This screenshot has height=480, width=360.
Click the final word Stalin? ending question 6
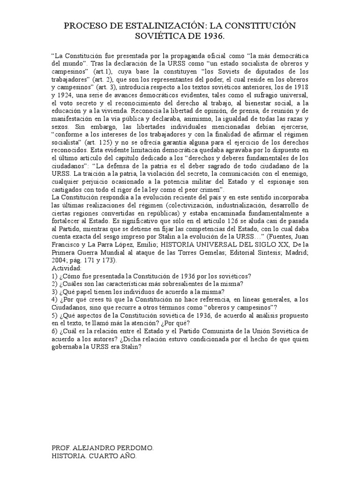pos(131,347)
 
